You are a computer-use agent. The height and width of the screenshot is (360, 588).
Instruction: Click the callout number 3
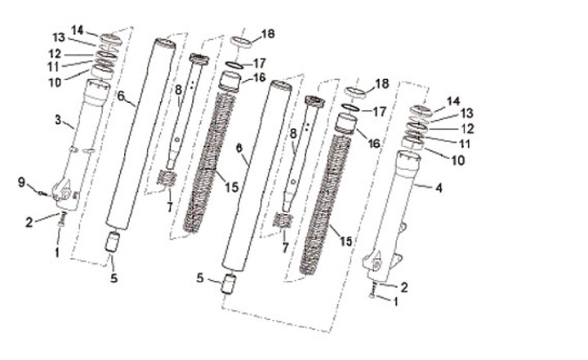click(x=58, y=120)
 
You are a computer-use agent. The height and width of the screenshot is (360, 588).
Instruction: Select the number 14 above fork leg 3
click(x=78, y=30)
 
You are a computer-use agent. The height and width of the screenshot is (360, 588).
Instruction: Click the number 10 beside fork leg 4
click(x=457, y=160)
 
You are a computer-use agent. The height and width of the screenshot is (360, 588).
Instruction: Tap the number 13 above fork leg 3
click(x=59, y=38)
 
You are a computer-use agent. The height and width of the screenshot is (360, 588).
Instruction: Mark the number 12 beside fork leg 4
click(x=466, y=129)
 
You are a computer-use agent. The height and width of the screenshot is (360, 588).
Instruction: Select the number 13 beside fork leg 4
click(x=466, y=114)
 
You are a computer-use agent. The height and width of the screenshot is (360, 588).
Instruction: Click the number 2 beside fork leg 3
click(x=29, y=220)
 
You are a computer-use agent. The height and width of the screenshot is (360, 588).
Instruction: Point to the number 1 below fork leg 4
click(x=399, y=301)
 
